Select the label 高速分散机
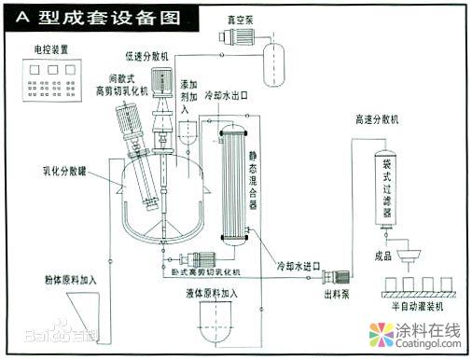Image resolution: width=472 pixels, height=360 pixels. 377,120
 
